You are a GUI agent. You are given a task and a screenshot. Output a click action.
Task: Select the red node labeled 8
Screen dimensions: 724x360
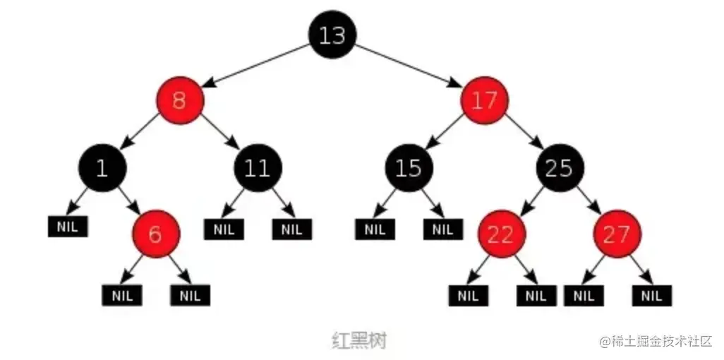point(180,101)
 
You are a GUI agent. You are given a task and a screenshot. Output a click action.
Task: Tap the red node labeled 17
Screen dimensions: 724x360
point(485,101)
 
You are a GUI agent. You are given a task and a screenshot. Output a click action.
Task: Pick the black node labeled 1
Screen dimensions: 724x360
point(103,167)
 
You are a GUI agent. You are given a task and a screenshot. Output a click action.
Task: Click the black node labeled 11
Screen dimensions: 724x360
point(258,167)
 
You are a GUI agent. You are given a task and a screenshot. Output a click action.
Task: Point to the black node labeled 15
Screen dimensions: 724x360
point(409,167)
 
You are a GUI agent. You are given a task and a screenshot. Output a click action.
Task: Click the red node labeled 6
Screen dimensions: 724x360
point(156,234)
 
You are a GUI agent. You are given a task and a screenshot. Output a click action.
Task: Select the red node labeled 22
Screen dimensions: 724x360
point(500,234)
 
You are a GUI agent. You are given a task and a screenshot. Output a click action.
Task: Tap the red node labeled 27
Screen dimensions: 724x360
point(617,234)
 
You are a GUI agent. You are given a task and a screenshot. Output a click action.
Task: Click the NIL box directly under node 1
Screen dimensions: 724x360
point(68,227)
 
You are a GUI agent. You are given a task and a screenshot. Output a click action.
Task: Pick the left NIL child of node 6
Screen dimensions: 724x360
point(122,294)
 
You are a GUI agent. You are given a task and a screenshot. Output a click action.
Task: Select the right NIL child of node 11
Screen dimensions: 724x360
point(291,229)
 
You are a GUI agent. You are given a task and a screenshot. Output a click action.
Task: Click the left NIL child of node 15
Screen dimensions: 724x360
point(375,229)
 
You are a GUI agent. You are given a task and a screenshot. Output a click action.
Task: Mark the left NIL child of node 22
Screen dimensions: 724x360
point(468,295)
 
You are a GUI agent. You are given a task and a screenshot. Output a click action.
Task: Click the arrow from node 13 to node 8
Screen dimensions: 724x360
point(256,68)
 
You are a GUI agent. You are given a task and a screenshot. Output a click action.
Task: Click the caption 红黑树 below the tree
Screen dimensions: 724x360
point(359,340)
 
